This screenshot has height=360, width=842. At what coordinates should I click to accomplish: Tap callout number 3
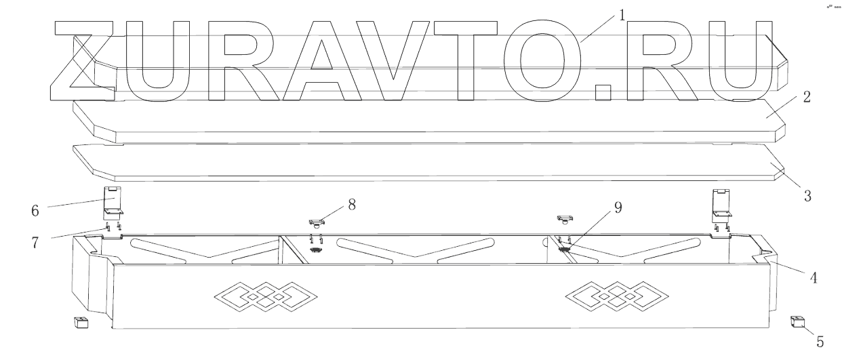(x=807, y=197)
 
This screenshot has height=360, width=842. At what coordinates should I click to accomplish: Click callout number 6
(x=33, y=210)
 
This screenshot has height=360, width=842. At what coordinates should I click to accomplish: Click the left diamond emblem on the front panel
(x=258, y=297)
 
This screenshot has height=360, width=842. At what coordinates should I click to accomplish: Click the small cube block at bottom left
(x=81, y=322)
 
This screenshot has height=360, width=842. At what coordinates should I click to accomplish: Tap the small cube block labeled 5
(x=798, y=321)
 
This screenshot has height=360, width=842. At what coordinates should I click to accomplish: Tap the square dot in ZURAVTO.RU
(x=602, y=94)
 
